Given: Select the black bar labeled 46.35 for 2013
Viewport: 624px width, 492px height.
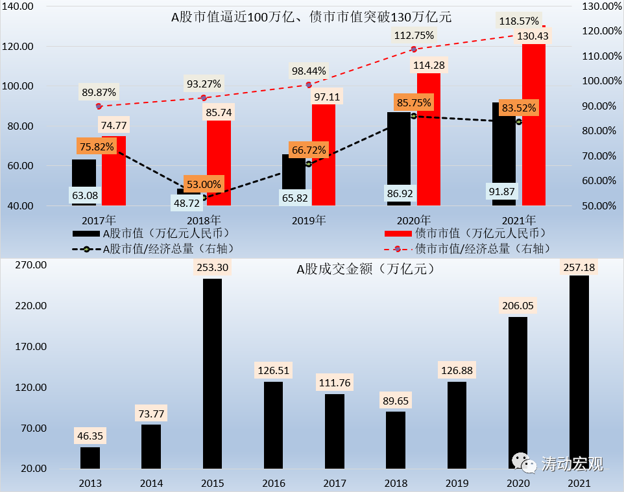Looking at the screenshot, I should [90, 458].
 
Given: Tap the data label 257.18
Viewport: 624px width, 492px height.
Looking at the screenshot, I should [579, 266].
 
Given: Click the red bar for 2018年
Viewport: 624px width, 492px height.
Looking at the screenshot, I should [219, 162].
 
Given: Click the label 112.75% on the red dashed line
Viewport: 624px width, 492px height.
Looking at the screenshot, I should [414, 36].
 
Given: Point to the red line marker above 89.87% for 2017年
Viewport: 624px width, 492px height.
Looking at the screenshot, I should [99, 106].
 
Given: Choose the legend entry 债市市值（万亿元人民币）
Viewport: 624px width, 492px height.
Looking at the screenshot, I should [464, 232].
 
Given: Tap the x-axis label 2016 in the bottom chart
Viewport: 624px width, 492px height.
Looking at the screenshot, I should [273, 483].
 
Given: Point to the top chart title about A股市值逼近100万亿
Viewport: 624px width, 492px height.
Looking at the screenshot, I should [311, 17].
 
